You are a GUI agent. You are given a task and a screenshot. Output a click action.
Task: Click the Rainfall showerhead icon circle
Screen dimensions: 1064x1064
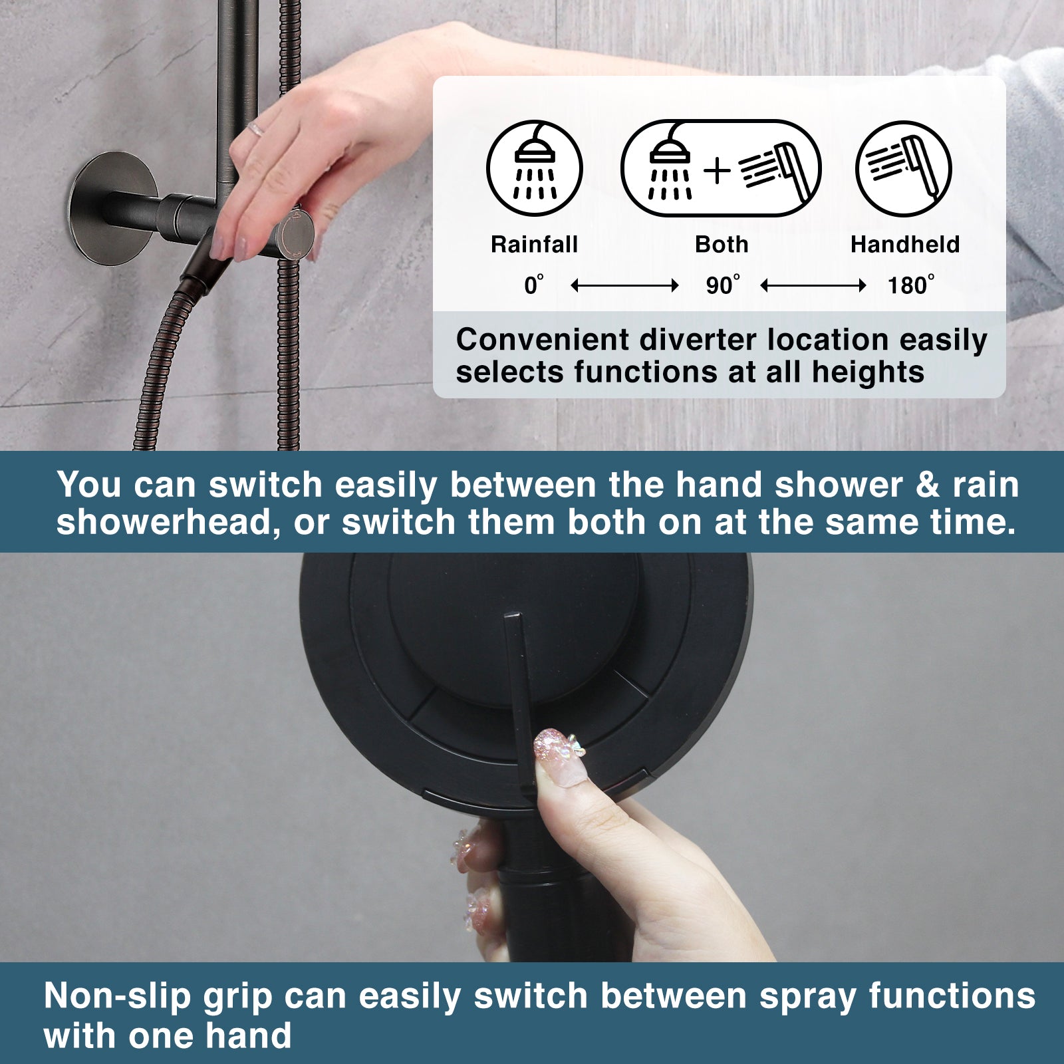click(535, 168)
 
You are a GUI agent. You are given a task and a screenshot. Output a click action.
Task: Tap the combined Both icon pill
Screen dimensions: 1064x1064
click(721, 168)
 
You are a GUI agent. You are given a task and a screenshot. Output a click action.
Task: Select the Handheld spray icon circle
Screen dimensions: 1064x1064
click(903, 168)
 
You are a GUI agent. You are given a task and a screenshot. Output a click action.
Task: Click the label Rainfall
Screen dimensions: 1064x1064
click(534, 245)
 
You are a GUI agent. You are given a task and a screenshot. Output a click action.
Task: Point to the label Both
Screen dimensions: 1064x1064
click(722, 245)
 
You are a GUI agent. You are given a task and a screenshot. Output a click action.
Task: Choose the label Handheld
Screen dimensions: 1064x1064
click(904, 245)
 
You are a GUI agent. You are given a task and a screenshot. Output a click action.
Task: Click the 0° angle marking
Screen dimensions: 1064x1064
click(533, 285)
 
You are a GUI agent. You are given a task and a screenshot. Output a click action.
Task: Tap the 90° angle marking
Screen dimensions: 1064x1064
click(722, 285)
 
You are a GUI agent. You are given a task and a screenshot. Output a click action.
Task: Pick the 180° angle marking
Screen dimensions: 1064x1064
click(910, 285)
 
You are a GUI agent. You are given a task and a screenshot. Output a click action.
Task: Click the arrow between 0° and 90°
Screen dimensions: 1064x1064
click(624, 286)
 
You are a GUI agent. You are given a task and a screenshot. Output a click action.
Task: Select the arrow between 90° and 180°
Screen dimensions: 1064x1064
click(813, 286)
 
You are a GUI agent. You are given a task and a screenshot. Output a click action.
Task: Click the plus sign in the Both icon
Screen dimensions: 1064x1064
click(717, 170)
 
